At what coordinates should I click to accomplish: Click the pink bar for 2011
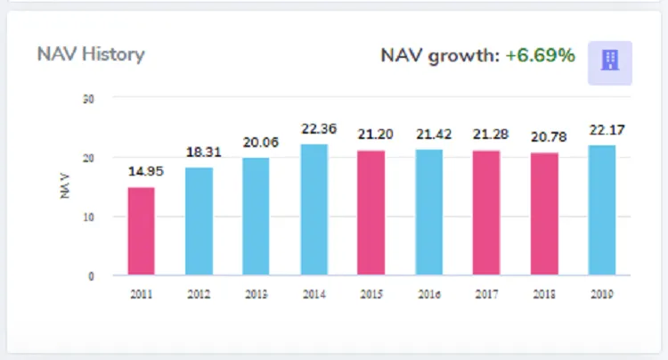pos(141,231)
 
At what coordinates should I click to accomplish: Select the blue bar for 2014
pos(314,209)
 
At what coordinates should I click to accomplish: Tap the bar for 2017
pos(486,213)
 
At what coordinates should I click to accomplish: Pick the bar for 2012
pos(199,221)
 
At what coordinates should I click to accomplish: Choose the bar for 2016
pos(429,212)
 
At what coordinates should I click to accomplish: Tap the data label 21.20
pos(371,135)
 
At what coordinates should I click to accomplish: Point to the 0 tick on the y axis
pos(92,276)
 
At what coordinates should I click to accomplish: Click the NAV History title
pos(91,54)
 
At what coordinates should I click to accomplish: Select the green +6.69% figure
pos(540,56)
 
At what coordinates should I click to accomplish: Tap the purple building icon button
pos(610,61)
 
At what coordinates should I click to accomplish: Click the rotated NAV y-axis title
pos(66,186)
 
